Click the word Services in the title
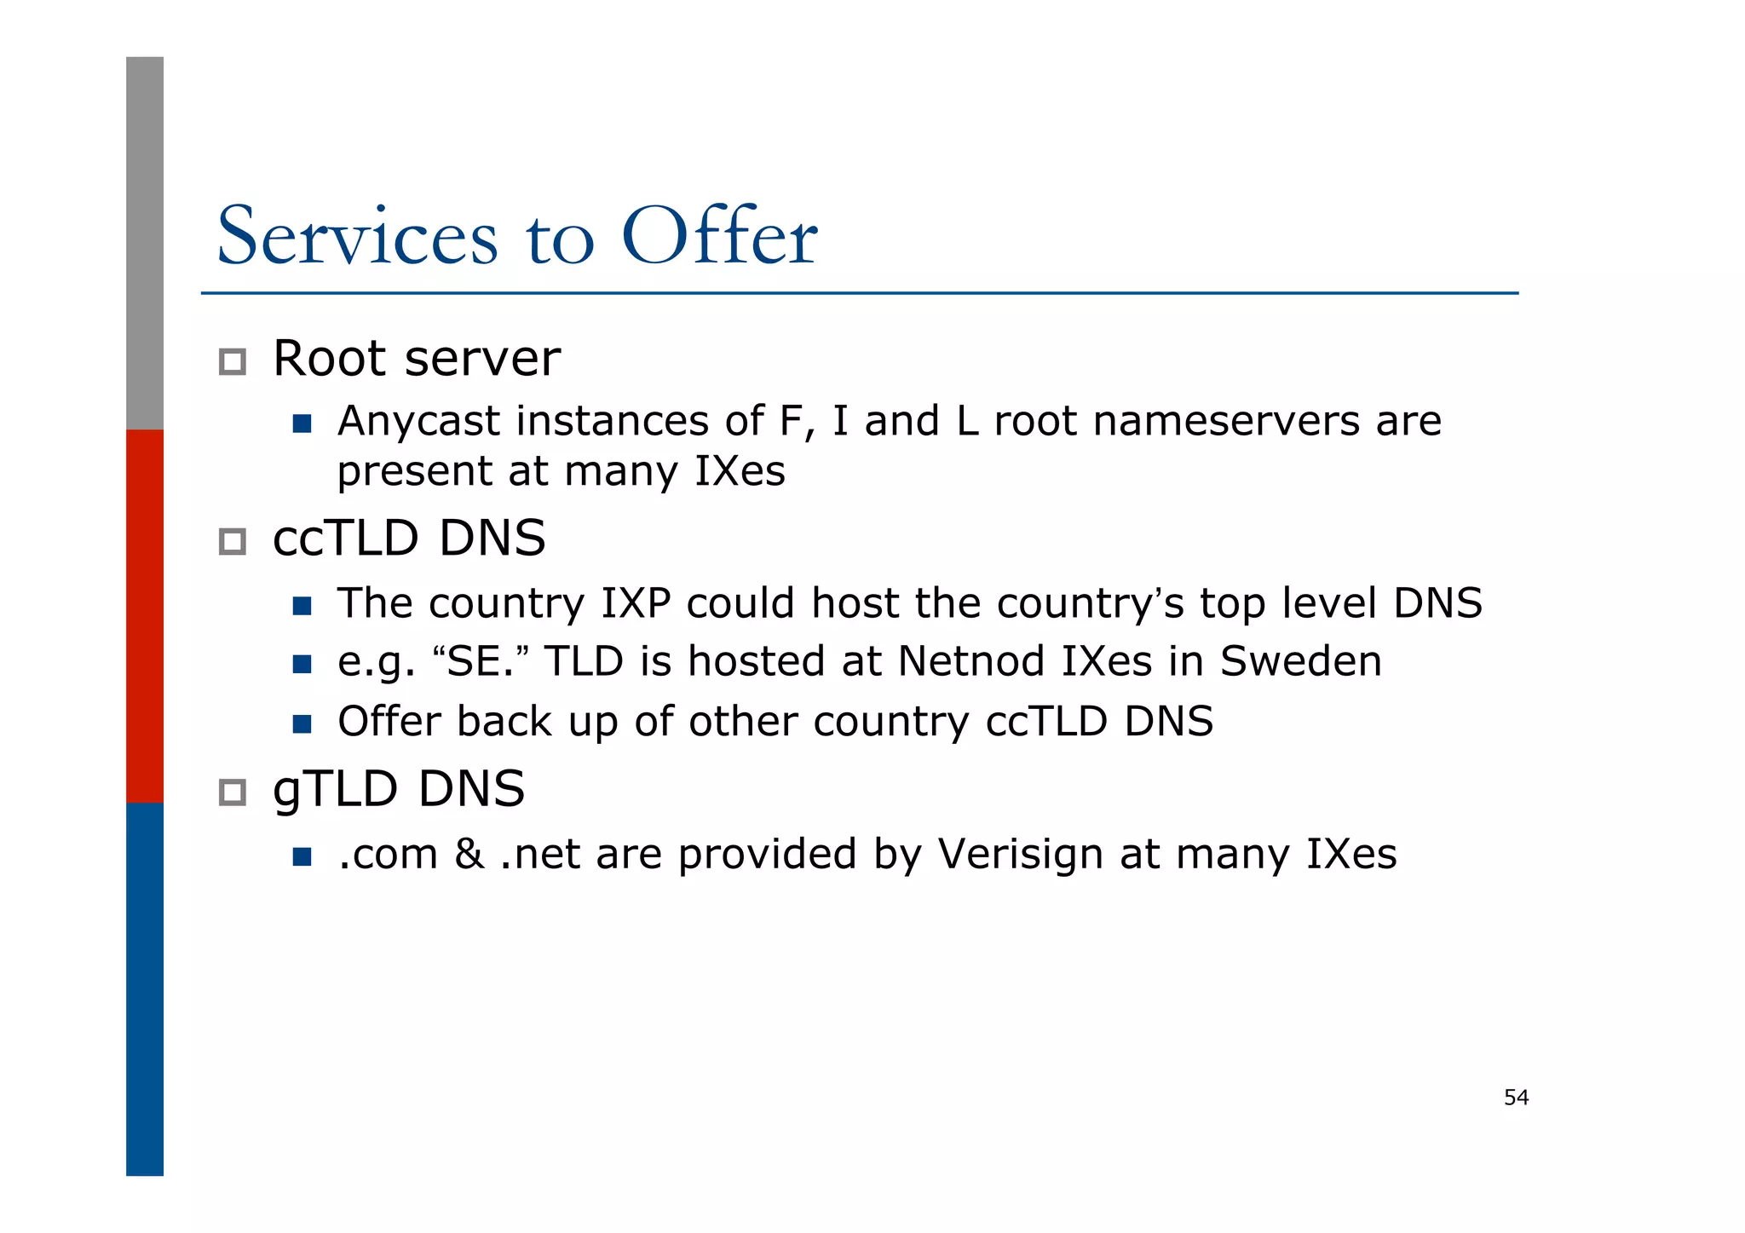click(x=357, y=236)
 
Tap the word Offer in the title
click(x=720, y=236)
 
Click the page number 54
click(x=1516, y=1098)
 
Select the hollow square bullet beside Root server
click(x=233, y=361)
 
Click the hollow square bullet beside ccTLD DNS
click(x=233, y=541)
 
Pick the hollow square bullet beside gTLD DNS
click(x=233, y=792)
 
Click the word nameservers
click(x=1227, y=422)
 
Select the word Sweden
click(x=1300, y=661)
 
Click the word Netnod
click(x=970, y=661)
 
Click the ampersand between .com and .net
click(x=469, y=854)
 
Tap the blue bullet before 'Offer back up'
click(x=302, y=723)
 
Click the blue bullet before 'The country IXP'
click(x=302, y=606)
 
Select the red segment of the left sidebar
click(x=145, y=615)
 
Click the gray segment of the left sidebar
click(x=145, y=243)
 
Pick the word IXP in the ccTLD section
click(x=636, y=603)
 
